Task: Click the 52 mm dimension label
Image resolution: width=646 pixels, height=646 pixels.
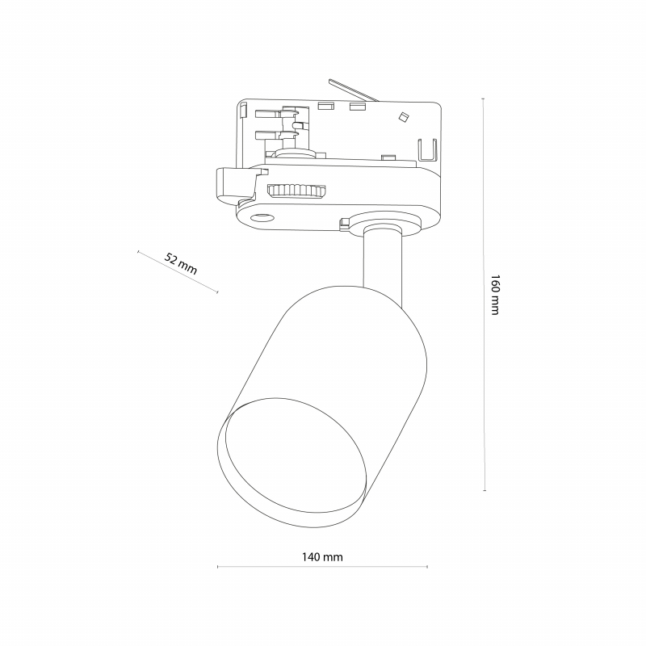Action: [181, 264]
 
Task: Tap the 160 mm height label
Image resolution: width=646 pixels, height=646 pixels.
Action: [495, 295]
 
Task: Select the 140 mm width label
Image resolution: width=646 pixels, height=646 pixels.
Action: [322, 557]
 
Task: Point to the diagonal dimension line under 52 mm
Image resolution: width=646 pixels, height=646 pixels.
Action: [178, 272]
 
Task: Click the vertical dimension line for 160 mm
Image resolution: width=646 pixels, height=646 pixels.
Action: [484, 295]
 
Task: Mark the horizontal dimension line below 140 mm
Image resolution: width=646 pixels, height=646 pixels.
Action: [322, 567]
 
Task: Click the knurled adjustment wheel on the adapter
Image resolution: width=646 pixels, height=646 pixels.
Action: [296, 191]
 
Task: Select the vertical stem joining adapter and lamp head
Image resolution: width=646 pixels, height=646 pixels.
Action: [383, 264]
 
